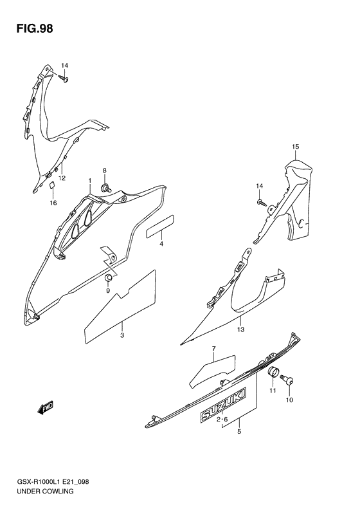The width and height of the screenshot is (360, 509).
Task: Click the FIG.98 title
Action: point(34,28)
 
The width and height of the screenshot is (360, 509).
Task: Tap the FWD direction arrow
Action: point(46,408)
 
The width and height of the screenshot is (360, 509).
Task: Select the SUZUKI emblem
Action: point(223,404)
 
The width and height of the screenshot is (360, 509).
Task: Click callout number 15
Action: point(295,147)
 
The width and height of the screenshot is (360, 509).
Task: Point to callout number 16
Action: point(53,203)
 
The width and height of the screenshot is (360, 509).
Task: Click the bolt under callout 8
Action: point(105,187)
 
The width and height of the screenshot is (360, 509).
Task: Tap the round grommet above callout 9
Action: point(109,278)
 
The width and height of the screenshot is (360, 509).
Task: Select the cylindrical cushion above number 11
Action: point(273,373)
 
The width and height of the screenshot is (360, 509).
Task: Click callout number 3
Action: point(122,335)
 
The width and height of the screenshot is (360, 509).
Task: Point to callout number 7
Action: point(213,349)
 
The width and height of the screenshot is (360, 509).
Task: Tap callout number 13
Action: point(240,329)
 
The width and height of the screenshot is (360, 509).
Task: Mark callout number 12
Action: point(62,178)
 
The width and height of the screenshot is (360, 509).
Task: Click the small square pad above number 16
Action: point(52,185)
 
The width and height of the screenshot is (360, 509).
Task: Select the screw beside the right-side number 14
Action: point(262,203)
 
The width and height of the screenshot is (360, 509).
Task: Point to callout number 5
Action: point(239,431)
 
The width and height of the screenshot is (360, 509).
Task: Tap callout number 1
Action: point(90,180)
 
